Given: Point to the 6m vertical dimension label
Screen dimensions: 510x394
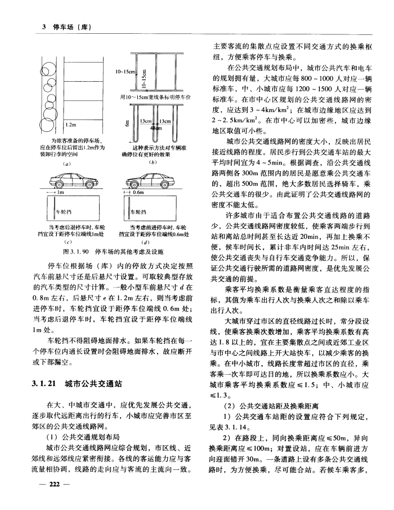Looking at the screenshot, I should point(129,123).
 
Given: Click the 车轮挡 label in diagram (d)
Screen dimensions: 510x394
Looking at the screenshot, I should point(138,212).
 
